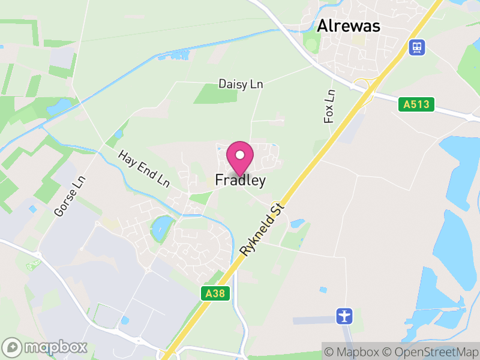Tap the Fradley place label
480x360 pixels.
click(x=240, y=180)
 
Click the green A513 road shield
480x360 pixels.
click(x=416, y=104)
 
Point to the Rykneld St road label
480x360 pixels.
click(x=262, y=229)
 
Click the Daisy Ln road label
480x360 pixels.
click(x=241, y=84)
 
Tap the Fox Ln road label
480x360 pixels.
click(x=329, y=107)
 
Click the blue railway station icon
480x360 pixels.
click(x=416, y=47)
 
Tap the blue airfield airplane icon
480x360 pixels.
click(x=344, y=315)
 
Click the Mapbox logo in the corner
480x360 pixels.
click(x=45, y=347)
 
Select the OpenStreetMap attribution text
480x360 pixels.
click(x=432, y=351)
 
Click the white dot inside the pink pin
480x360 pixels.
click(x=240, y=154)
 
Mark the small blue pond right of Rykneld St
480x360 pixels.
click(x=297, y=223)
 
